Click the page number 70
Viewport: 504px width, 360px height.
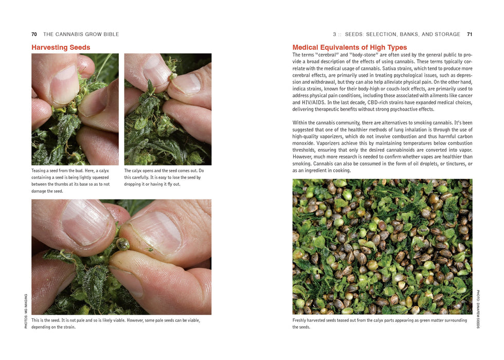click(34, 34)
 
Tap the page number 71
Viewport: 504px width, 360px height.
click(469, 34)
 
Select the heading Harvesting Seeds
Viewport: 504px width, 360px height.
click(61, 47)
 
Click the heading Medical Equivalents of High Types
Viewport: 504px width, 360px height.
click(349, 47)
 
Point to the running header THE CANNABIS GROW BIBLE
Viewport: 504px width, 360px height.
click(81, 34)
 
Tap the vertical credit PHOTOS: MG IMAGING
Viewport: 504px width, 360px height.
click(26, 311)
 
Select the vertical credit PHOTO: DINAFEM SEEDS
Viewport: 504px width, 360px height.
click(478, 309)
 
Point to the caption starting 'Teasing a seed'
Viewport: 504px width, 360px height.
click(71, 181)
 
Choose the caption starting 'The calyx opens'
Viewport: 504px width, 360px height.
click(164, 177)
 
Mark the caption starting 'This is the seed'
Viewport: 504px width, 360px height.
click(116, 323)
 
